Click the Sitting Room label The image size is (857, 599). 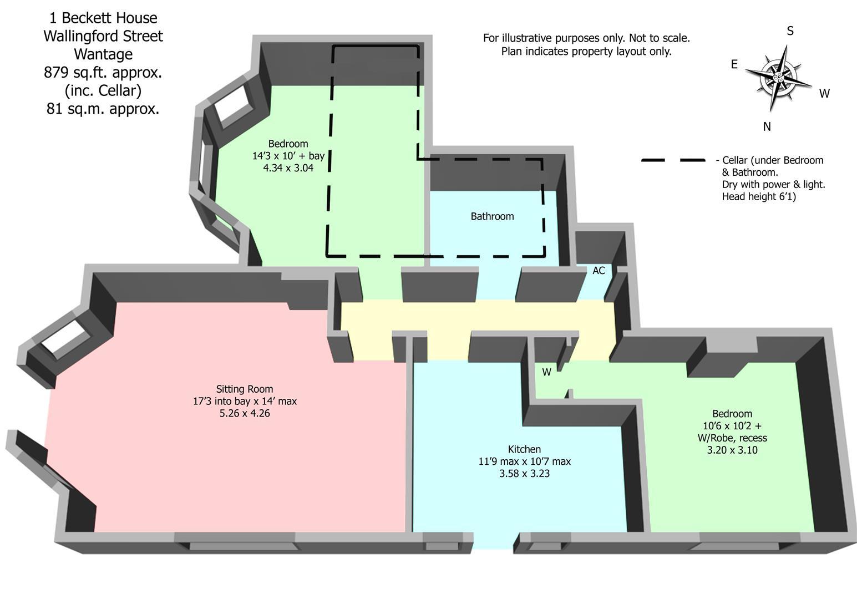click(x=244, y=389)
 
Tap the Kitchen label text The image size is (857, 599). click(x=524, y=449)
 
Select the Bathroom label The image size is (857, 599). click(x=492, y=216)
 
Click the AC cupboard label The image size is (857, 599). click(x=599, y=271)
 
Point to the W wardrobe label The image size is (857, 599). click(x=546, y=372)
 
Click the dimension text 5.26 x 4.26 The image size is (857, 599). click(x=244, y=413)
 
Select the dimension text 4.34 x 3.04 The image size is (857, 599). click(x=288, y=168)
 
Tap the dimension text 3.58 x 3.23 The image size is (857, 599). click(x=524, y=474)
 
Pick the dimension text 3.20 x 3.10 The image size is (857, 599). click(x=732, y=450)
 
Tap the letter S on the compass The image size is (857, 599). click(x=790, y=31)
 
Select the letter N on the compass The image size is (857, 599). click(x=767, y=127)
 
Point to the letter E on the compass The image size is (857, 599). click(x=734, y=65)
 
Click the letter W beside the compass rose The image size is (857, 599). click(x=824, y=94)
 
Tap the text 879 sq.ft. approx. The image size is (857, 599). click(x=103, y=73)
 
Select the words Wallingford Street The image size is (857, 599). click(x=103, y=36)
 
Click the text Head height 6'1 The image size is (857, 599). click(x=758, y=197)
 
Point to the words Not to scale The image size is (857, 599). click(x=659, y=38)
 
